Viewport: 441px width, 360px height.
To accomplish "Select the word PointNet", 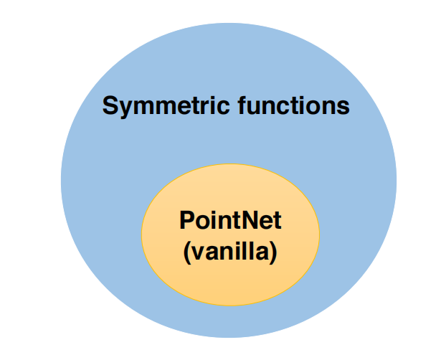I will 230,220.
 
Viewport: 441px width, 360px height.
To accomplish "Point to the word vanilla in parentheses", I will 231,253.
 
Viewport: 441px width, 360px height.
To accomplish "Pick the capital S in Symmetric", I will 110,107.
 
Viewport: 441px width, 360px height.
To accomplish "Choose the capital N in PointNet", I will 246,220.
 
